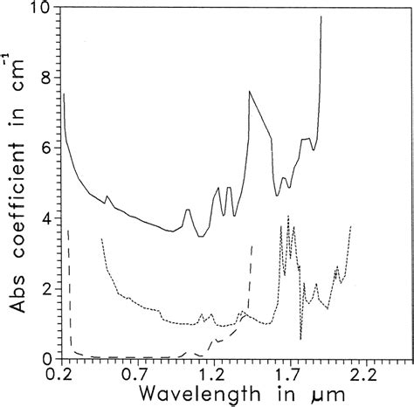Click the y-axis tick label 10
click(38, 10)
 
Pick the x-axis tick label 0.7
click(134, 375)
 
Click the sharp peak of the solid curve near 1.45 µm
click(250, 92)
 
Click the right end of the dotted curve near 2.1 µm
click(350, 226)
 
